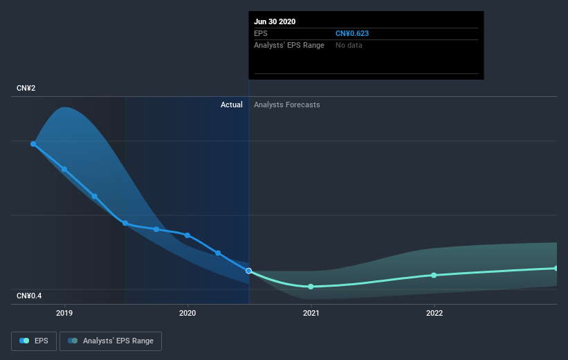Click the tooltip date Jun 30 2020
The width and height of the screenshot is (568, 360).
click(275, 21)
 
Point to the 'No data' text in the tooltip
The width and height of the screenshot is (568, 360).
click(349, 45)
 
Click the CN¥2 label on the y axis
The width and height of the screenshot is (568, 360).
click(26, 88)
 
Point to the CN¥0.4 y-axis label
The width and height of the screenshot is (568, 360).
click(30, 296)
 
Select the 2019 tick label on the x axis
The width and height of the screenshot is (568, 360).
click(64, 313)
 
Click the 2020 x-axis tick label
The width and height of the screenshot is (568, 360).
click(187, 313)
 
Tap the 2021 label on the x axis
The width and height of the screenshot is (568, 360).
click(311, 313)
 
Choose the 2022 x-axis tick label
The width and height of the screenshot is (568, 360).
click(434, 313)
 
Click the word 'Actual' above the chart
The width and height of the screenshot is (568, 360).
click(231, 105)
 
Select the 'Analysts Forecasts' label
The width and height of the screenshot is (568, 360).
click(286, 105)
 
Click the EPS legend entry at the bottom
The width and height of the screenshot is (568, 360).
click(35, 341)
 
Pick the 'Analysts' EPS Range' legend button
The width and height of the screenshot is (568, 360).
click(111, 341)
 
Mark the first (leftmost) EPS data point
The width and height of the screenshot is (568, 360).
click(33, 144)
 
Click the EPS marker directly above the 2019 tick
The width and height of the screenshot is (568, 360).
click(64, 169)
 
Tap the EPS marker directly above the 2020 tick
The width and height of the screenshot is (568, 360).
click(187, 235)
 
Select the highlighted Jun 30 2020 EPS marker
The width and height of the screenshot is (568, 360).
click(248, 271)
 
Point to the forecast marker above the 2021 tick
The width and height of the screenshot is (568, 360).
click(311, 287)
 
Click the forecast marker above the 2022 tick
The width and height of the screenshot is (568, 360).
click(434, 275)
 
